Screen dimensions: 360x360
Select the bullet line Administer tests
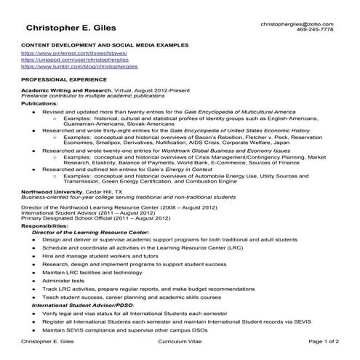point(64,281)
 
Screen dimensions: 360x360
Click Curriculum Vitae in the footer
point(180,340)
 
